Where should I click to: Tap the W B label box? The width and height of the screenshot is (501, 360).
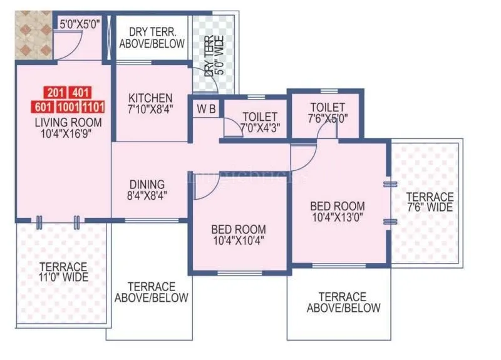pos(206,108)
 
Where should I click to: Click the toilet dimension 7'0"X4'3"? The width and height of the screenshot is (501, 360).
pos(259,129)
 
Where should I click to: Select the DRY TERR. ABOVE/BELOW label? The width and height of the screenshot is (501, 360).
pos(157,38)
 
